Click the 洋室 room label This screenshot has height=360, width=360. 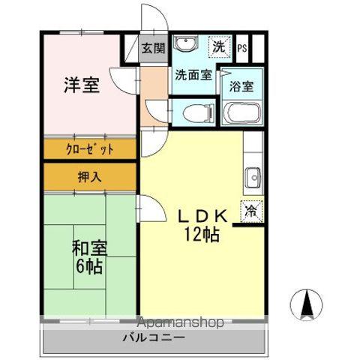click(x=80, y=85)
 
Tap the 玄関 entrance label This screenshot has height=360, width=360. click(x=153, y=49)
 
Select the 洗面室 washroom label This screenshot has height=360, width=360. click(x=193, y=75)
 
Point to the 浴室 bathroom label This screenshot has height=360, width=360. click(x=241, y=85)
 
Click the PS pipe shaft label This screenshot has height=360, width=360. click(x=241, y=49)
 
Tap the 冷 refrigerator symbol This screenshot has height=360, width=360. click(x=250, y=212)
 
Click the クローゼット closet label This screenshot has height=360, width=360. click(x=90, y=148)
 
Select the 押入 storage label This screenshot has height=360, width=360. click(x=90, y=177)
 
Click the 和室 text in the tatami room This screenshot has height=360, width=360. click(x=88, y=248)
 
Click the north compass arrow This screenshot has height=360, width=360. click(x=307, y=303)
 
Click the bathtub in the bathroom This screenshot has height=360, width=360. click(x=241, y=113)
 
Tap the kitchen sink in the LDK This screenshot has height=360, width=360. click(x=253, y=178)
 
